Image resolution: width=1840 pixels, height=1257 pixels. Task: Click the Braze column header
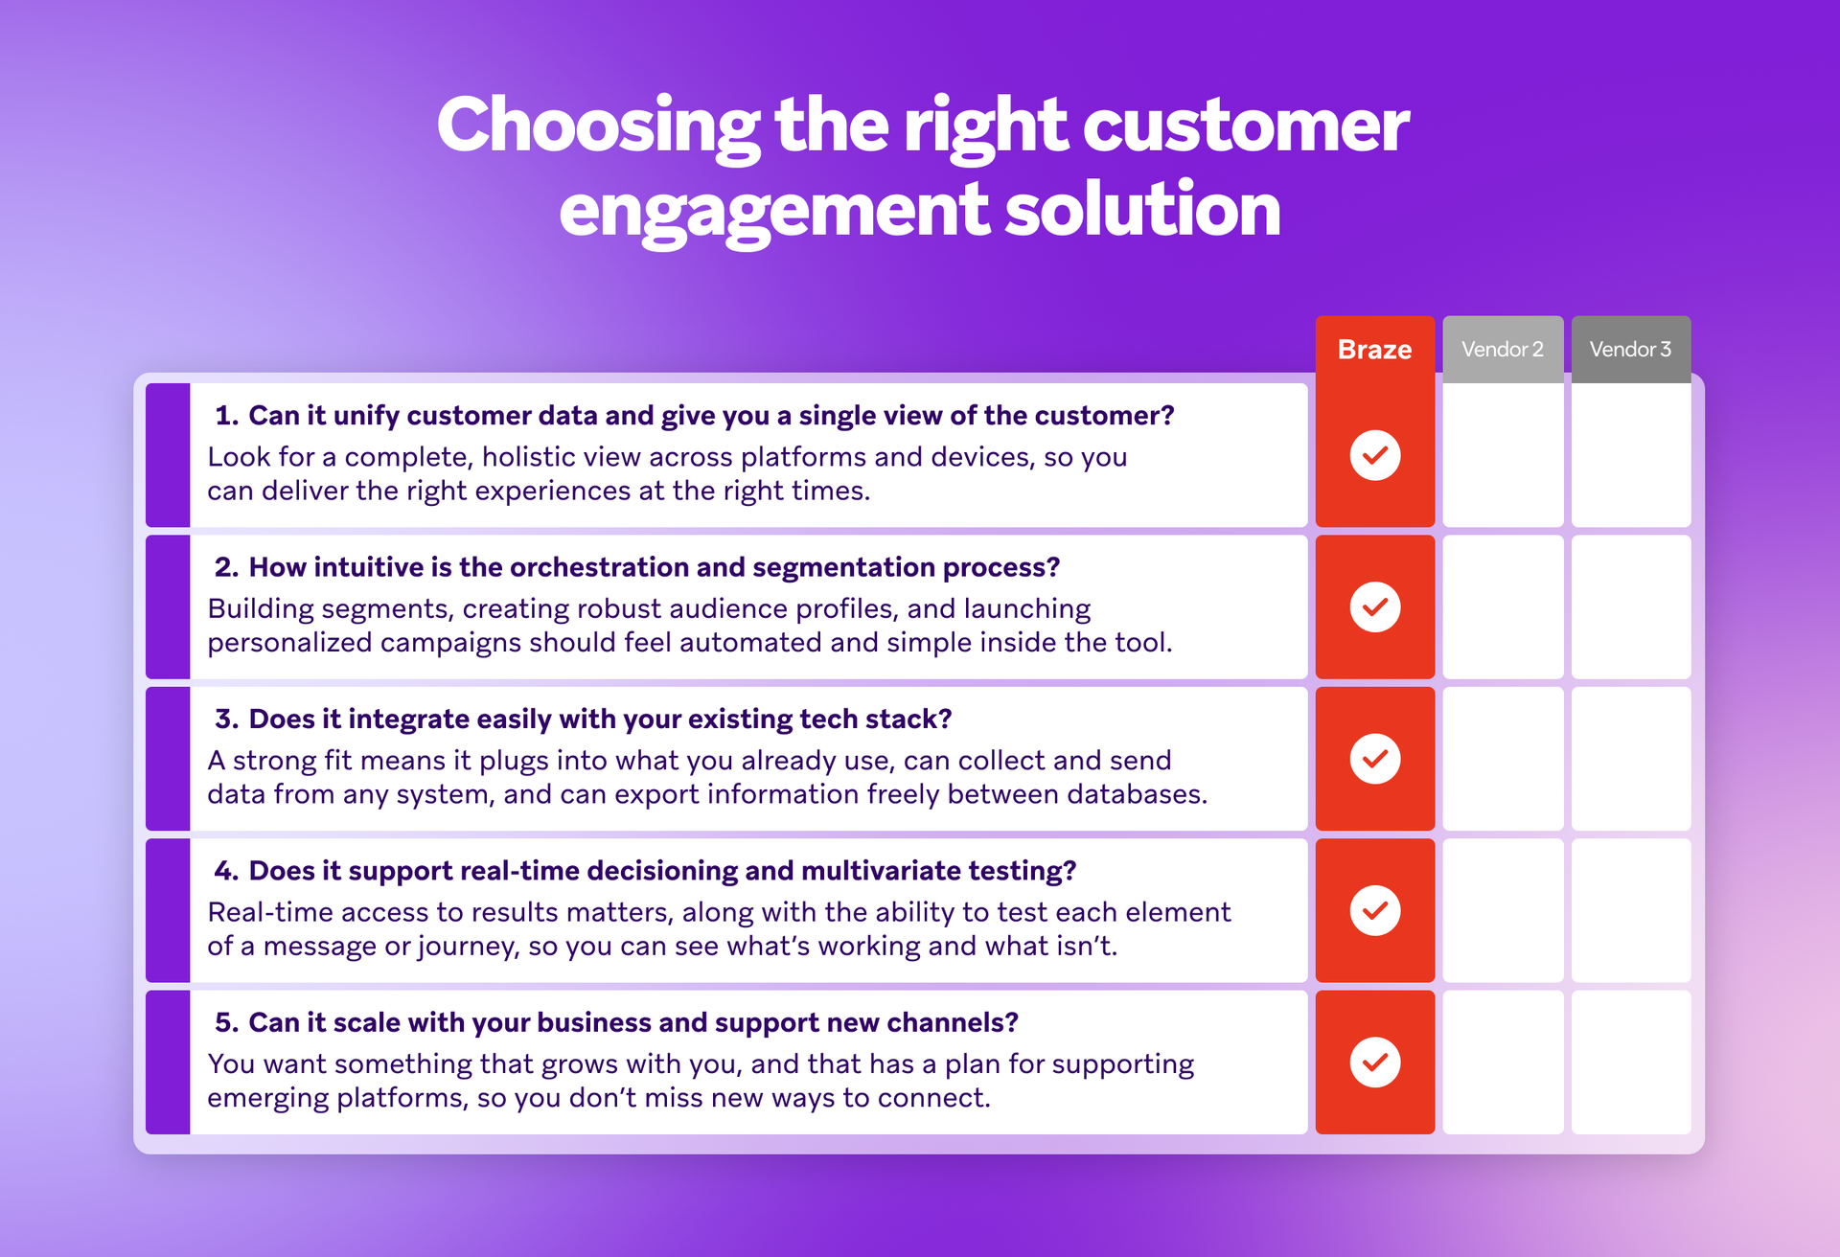[x=1374, y=350]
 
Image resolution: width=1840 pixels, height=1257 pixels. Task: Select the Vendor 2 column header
[x=1502, y=350]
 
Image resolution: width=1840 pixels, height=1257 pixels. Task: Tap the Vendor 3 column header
[x=1630, y=350]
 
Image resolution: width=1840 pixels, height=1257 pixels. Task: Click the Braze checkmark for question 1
[x=1374, y=455]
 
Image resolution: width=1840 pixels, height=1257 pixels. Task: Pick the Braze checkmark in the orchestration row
[x=1374, y=606]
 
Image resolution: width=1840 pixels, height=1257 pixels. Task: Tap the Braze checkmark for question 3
[x=1374, y=759]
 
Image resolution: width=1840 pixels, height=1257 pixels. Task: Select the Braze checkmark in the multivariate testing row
[x=1374, y=910]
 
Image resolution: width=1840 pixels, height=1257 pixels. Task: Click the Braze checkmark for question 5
[x=1374, y=1062]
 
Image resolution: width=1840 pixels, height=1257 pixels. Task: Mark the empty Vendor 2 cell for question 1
[x=1502, y=455]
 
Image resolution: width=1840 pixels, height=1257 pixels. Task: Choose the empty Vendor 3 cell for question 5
[x=1630, y=1062]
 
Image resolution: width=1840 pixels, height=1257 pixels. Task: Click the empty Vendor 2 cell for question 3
[x=1502, y=759]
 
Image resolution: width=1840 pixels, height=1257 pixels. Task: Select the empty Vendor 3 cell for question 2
[x=1630, y=606]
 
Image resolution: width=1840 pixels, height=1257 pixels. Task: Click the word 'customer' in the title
[x=1245, y=126]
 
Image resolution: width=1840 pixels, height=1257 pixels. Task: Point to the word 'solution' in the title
[x=1141, y=211]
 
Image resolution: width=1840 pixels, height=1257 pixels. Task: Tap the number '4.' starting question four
[x=226, y=871]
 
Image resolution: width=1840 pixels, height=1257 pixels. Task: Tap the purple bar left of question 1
[x=168, y=455]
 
